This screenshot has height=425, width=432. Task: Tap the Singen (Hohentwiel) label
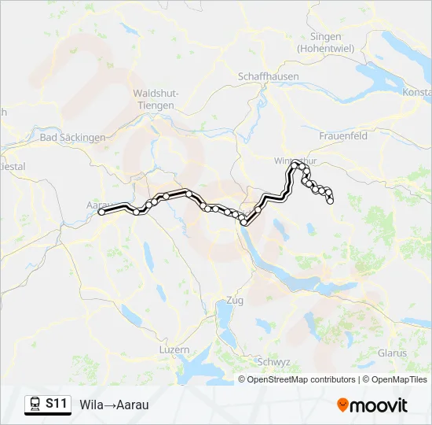click(325, 42)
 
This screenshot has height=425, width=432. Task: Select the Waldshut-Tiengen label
click(158, 99)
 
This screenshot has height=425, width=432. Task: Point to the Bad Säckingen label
click(72, 137)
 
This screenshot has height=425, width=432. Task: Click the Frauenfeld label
click(343, 135)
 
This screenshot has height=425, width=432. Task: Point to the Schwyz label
click(274, 361)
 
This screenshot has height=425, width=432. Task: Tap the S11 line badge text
click(56, 404)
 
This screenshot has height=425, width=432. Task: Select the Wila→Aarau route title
click(114, 405)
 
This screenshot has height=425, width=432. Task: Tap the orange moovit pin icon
click(342, 405)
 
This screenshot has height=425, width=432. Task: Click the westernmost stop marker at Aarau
click(101, 212)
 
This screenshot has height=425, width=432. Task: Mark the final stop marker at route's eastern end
click(331, 201)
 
